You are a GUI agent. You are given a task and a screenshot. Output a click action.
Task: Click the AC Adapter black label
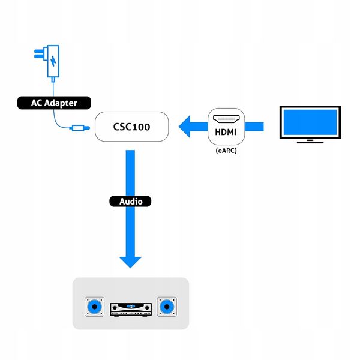[x=54, y=103]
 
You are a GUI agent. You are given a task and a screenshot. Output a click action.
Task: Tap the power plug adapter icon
[x=53, y=62]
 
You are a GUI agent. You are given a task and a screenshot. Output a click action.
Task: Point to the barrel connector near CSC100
[x=79, y=127]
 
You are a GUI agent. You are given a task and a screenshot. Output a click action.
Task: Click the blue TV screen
[x=310, y=123]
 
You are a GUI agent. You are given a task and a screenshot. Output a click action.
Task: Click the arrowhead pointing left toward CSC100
[x=187, y=126]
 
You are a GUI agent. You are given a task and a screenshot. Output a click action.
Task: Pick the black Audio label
[x=130, y=202]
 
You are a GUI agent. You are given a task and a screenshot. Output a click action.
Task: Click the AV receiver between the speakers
[x=130, y=308]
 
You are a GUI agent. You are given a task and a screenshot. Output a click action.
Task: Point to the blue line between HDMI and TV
[x=255, y=125]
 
